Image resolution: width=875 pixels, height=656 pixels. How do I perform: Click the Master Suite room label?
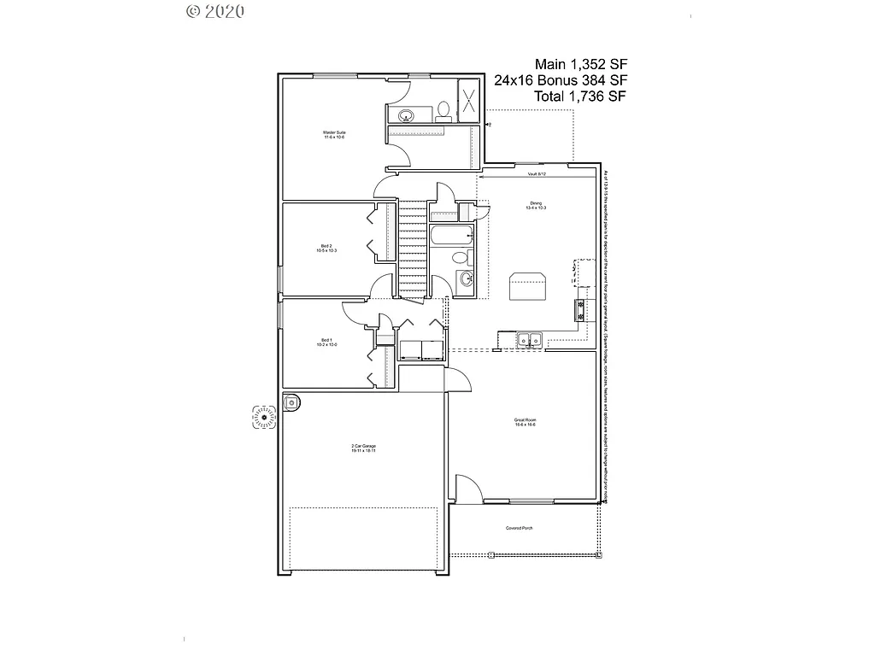coord(334,135)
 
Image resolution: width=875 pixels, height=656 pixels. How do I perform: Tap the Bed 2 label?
coord(327,249)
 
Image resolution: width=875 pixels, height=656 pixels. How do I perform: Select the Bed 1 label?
coord(327,343)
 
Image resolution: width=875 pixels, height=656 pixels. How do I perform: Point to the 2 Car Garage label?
coord(364,448)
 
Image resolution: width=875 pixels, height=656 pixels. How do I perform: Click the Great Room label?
coord(525,422)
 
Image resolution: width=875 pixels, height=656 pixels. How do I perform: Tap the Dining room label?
coord(536,206)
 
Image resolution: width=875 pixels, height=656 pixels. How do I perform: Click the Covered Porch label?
coord(519,529)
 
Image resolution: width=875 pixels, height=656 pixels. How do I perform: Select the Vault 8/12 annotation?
coord(537,174)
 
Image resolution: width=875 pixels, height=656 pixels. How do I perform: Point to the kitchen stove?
coord(581,310)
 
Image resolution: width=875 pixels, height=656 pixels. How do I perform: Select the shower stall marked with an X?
coord(469,102)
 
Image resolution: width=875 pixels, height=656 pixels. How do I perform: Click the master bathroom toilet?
coord(443,111)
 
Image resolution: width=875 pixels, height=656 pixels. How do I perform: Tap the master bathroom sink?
coord(405,115)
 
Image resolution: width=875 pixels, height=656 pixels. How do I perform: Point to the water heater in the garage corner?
coord(292,401)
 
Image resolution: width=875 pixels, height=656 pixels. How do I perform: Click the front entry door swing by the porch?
coord(467,489)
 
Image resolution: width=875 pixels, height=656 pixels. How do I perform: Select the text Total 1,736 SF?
coord(580,97)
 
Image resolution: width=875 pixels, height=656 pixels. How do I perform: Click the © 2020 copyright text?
coord(214,11)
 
